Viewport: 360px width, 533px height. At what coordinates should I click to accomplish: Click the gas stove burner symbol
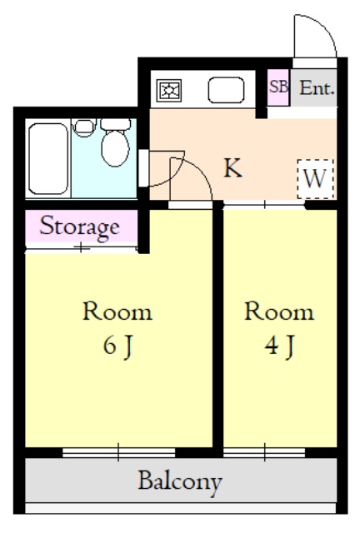[169, 91]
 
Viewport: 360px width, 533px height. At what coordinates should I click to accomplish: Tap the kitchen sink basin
[226, 90]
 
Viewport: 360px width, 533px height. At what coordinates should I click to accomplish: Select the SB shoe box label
[278, 87]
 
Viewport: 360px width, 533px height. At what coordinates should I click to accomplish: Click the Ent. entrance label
[317, 88]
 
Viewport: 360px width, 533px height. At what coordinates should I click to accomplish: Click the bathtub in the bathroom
[48, 159]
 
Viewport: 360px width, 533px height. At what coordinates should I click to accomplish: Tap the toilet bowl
[115, 148]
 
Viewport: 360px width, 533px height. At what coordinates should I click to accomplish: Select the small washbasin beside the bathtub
[83, 127]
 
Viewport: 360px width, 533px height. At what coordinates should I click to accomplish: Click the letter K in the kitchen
[232, 167]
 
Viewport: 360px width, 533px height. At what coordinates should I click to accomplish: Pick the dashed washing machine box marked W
[315, 179]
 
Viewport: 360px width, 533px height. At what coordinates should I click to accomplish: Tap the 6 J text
[117, 346]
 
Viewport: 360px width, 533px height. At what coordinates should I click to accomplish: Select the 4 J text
[279, 346]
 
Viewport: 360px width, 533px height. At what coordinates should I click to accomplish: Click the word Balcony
[180, 482]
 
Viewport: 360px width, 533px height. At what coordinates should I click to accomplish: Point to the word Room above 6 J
[117, 311]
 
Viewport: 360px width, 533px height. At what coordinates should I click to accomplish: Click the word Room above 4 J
[279, 311]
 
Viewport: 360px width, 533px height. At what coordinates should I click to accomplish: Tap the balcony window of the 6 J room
[118, 452]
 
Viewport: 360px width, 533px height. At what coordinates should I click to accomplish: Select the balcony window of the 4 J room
[264, 452]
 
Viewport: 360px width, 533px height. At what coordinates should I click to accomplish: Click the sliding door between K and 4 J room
[264, 205]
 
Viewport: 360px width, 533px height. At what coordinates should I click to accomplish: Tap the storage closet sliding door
[81, 248]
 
